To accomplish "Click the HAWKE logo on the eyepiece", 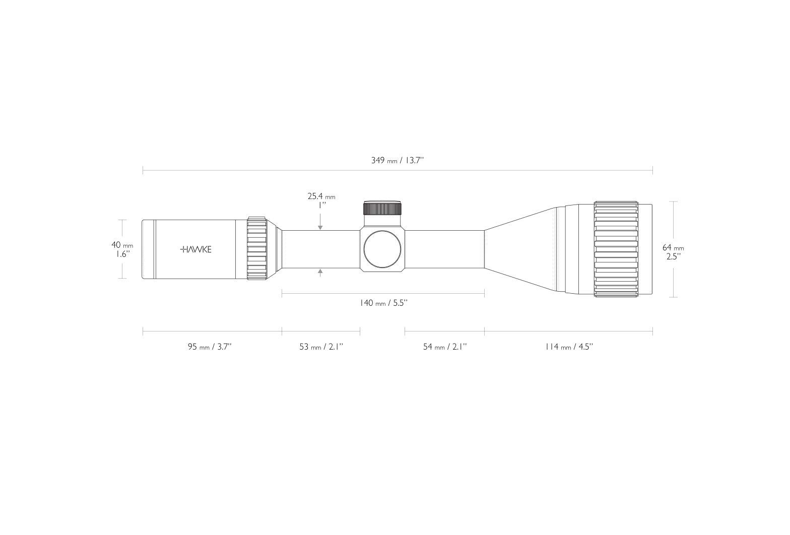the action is point(195,250).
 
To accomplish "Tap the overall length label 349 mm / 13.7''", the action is point(397,161).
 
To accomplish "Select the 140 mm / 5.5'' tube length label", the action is point(384,303).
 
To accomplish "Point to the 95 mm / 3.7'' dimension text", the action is point(210,347).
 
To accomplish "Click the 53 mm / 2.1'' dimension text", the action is point(321,347).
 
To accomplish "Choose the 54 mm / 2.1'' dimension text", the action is point(445,347).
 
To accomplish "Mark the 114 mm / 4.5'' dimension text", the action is point(569,347).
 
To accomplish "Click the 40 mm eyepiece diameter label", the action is point(122,245).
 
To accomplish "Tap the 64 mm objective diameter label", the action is point(673,247).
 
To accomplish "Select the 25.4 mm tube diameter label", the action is point(321,196).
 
